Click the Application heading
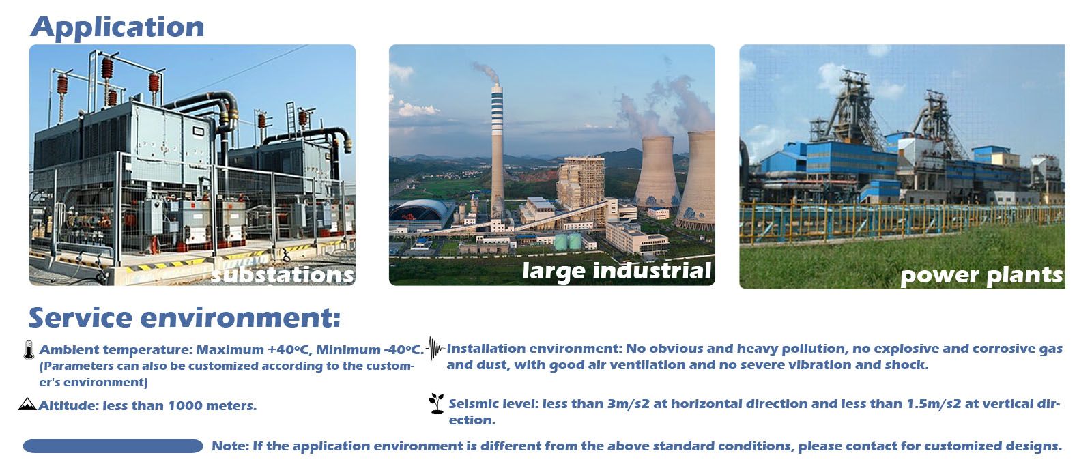coord(117,27)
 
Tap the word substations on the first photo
coord(283,275)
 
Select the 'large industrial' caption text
coord(617,271)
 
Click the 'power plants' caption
coord(981,276)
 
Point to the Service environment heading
coord(184,317)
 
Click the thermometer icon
coord(29,350)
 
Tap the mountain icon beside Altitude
coord(27,404)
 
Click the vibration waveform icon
coord(435,348)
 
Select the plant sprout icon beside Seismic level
coord(436,403)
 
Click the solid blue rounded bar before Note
coord(113,446)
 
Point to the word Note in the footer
coord(229,446)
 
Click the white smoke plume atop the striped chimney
coord(487,72)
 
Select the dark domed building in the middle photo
coord(422,214)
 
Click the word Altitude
coord(68,405)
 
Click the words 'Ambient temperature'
coord(115,350)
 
